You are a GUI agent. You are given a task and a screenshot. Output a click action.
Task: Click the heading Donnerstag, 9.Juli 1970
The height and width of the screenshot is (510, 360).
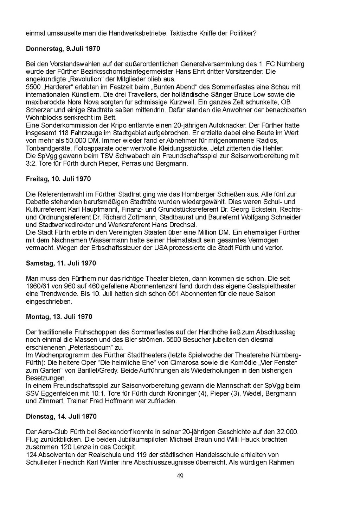[63, 49]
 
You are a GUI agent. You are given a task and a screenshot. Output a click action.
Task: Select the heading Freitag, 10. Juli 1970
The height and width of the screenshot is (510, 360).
[58, 179]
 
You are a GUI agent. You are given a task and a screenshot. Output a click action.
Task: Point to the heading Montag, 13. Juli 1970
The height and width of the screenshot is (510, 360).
[59, 317]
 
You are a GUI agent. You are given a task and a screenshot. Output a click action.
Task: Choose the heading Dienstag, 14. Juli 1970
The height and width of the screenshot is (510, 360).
[61, 416]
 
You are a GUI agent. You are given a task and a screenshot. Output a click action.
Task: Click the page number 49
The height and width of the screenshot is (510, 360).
[180, 476]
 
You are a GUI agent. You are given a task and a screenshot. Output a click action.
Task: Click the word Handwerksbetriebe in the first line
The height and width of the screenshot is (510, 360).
[138, 33]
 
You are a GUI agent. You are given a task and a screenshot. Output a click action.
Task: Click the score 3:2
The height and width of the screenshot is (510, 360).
[31, 163]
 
